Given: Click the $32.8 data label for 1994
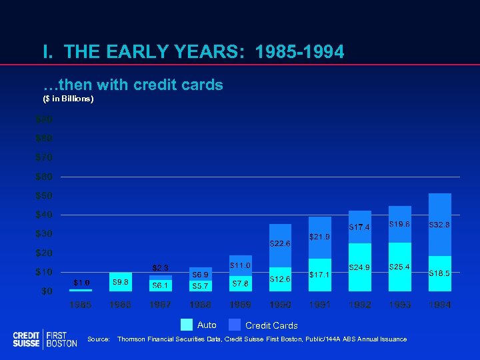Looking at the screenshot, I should pyautogui.click(x=440, y=225).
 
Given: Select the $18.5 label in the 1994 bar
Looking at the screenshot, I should pyautogui.click(x=440, y=273).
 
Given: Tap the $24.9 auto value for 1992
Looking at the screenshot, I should pyautogui.click(x=360, y=268).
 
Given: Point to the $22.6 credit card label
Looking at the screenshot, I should pyautogui.click(x=280, y=244).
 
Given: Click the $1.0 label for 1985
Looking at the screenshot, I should pyautogui.click(x=81, y=283).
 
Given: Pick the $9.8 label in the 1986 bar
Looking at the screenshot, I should pyautogui.click(x=120, y=283).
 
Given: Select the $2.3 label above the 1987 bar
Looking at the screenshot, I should pyautogui.click(x=160, y=268).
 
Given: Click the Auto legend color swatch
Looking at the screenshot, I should pyautogui.click(x=187, y=325).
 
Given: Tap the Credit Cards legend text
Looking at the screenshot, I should pyautogui.click(x=271, y=326).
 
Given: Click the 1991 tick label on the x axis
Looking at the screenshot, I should pyautogui.click(x=320, y=305).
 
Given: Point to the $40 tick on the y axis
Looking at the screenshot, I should pyautogui.click(x=44, y=215).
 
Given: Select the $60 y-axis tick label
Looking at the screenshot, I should pyautogui.click(x=44, y=177).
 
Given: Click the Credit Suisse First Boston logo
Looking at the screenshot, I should pyautogui.click(x=45, y=339).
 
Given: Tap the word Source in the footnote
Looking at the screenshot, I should pyautogui.click(x=99, y=339).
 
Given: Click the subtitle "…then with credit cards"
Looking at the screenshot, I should pyautogui.click(x=133, y=85).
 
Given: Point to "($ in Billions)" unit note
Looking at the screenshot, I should pyautogui.click(x=68, y=99).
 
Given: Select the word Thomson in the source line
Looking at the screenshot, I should pyautogui.click(x=132, y=339).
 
